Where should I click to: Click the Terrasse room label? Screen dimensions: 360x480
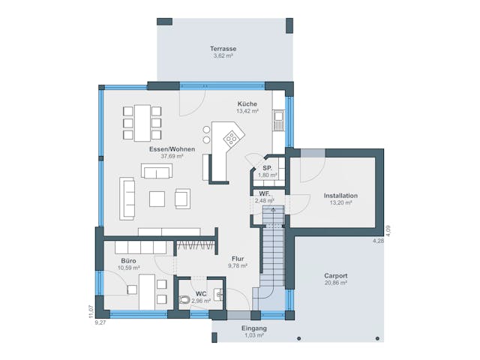coord(223,48)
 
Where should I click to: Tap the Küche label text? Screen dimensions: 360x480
coord(247,103)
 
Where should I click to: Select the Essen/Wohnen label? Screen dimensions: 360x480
coord(172,149)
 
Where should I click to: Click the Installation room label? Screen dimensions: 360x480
coord(340,196)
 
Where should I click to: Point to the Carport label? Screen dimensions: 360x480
coord(336,276)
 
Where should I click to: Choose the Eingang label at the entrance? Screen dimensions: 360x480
coord(253,328)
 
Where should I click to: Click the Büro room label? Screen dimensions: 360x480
coord(128,260)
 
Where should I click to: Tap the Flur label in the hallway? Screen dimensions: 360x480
coord(237,258)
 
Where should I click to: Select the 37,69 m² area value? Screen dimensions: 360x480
coord(172,157)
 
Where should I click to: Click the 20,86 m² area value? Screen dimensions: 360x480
coord(336,283)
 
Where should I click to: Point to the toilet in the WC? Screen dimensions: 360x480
coord(184,299)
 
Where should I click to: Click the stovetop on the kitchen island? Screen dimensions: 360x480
coord(232,139)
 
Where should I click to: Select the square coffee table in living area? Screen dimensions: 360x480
coord(157,198)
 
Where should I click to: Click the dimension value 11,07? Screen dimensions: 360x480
coord(91,308)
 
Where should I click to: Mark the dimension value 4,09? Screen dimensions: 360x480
coord(388,229)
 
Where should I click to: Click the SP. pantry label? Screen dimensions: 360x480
coord(267,168)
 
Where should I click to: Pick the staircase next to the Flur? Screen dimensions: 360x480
coord(272,255)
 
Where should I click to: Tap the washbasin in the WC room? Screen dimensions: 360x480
coord(218,295)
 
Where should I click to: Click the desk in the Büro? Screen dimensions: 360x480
coord(148,289)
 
